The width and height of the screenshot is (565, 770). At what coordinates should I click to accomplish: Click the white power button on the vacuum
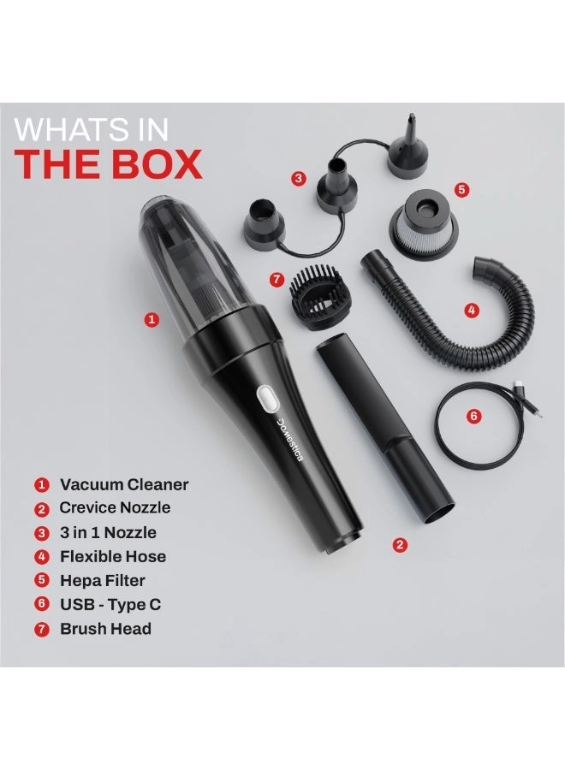point(265,398)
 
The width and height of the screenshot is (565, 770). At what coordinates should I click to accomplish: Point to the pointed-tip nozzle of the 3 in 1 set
point(408,146)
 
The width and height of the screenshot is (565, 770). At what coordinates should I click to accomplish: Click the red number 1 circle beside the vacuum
point(152,319)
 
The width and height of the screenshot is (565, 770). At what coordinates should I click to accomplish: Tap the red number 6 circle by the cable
point(474,416)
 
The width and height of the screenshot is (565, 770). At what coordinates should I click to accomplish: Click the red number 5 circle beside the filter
point(462,190)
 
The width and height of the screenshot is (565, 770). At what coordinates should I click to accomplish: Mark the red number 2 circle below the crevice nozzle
point(399,544)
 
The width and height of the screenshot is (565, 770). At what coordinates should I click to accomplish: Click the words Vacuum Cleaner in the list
point(124,484)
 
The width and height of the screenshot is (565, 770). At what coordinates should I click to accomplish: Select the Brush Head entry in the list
point(105,629)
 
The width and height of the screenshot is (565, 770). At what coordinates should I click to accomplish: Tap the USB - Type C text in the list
point(110,604)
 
